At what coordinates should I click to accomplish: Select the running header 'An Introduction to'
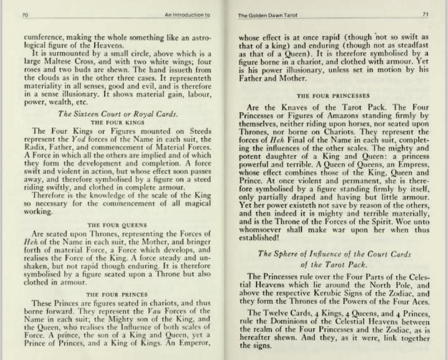187,15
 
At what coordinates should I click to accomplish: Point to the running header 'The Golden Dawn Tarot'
259,15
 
